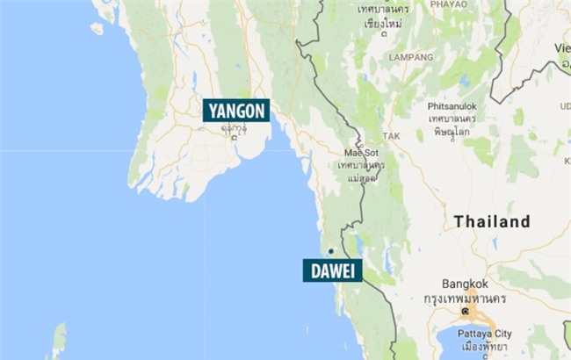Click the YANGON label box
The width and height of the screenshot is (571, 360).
pyautogui.click(x=236, y=111)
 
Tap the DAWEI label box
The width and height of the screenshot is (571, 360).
pyautogui.click(x=332, y=270)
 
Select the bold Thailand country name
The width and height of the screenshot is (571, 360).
pyautogui.click(x=492, y=222)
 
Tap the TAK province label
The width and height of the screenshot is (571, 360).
pyautogui.click(x=390, y=136)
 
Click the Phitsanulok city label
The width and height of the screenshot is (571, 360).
pyautogui.click(x=452, y=104)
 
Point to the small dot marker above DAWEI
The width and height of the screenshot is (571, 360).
pyautogui.click(x=331, y=250)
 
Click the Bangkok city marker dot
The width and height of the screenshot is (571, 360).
pyautogui.click(x=465, y=311)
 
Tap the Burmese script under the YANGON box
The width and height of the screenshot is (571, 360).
pyautogui.click(x=234, y=128)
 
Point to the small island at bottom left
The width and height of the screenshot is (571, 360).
pyautogui.click(x=59, y=340)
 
